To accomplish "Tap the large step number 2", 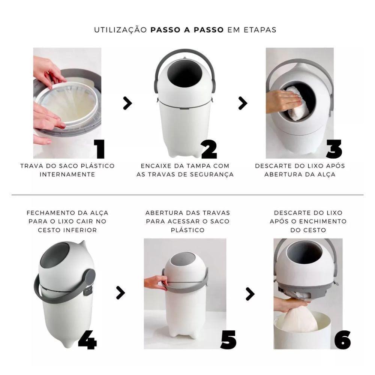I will [209, 149].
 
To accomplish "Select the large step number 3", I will [334, 149].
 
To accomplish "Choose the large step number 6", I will [342, 339].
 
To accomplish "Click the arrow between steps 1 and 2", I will [127, 103].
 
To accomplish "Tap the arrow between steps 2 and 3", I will [243, 103].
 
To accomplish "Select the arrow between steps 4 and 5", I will [120, 293].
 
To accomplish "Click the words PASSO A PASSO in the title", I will [187, 30].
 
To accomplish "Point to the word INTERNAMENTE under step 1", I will [67, 174].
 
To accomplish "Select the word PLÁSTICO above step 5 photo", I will [187, 230].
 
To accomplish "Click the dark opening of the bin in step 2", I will [184, 75].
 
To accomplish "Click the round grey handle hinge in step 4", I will [89, 277].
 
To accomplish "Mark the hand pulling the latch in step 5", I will [154, 282].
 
